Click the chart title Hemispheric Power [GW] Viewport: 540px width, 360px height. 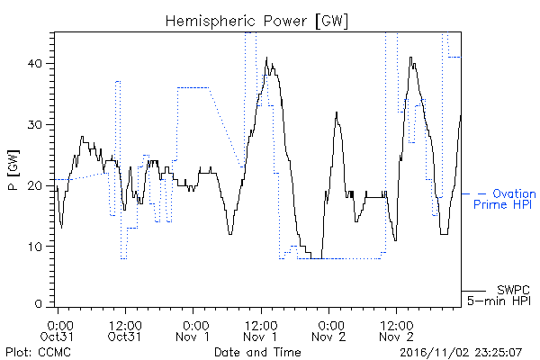[256, 22]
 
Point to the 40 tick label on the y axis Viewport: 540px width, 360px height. [36, 64]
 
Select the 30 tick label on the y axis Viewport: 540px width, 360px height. [36, 125]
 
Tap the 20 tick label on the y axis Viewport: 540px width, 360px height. [36, 185]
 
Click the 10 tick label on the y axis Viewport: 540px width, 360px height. [36, 247]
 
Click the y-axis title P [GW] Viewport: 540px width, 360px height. [13, 170]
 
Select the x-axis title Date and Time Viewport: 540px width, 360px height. [257, 352]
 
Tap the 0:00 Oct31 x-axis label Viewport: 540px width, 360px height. [57, 330]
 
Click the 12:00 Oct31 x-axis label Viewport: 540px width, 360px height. [125, 330]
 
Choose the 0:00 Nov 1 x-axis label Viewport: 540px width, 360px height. [193, 330]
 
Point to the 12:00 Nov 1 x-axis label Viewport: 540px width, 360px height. [260, 330]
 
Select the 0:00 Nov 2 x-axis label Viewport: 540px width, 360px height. [328, 330]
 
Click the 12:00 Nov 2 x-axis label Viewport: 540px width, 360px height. [396, 330]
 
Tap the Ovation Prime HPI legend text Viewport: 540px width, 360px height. [505, 199]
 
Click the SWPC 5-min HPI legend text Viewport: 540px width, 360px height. [499, 295]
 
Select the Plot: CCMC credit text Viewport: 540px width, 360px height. [38, 353]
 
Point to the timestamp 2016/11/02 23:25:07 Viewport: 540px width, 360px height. [461, 353]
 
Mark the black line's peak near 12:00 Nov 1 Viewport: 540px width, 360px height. [266, 58]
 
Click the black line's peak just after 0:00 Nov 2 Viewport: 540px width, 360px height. [337, 112]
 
